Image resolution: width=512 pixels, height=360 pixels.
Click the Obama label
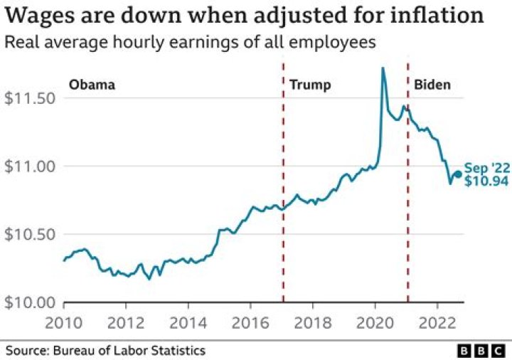pyautogui.click(x=92, y=85)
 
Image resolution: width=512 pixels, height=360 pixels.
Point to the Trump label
pyautogui.click(x=310, y=85)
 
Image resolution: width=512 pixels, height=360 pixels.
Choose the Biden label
pyautogui.click(x=432, y=85)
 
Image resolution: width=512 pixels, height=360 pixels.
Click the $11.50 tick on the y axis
pyautogui.click(x=29, y=98)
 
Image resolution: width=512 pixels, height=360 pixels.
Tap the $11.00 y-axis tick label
pyautogui.click(x=29, y=166)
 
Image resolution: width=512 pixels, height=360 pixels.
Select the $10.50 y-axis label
pyautogui.click(x=29, y=235)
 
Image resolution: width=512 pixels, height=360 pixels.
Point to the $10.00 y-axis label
pyautogui.click(x=29, y=303)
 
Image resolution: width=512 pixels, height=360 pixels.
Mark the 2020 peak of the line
pyautogui.click(x=383, y=68)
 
